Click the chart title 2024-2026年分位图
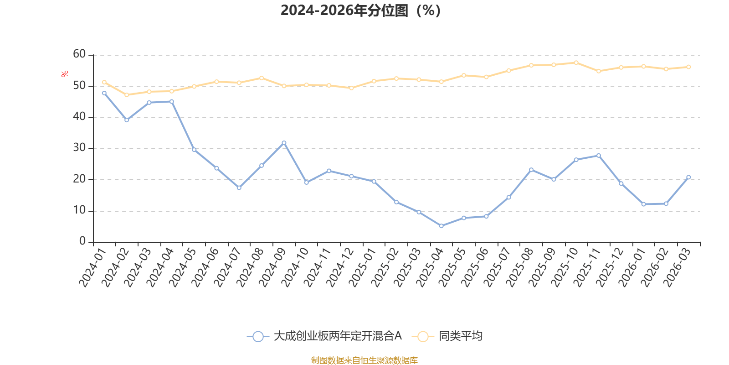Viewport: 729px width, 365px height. [x=360, y=10]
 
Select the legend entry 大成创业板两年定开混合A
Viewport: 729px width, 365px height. [x=337, y=336]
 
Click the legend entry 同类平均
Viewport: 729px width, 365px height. [x=460, y=336]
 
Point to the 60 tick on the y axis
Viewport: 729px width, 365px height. [x=79, y=54]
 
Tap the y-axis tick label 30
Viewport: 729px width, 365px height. [x=79, y=148]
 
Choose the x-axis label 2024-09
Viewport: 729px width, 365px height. [x=274, y=267]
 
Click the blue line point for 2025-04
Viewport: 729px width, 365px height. [x=441, y=226]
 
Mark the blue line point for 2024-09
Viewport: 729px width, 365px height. [x=284, y=143]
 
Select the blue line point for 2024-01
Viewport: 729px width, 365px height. [x=104, y=93]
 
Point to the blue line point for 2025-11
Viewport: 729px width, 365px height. [x=598, y=156]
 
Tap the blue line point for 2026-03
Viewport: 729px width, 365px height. [x=688, y=177]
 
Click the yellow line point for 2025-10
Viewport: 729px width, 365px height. [x=576, y=63]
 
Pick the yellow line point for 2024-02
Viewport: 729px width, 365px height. [x=127, y=95]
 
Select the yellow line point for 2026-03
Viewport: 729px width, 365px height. [x=688, y=67]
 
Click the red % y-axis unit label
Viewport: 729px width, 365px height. [x=65, y=73]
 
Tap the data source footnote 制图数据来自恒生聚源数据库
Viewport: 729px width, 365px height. [x=364, y=360]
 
